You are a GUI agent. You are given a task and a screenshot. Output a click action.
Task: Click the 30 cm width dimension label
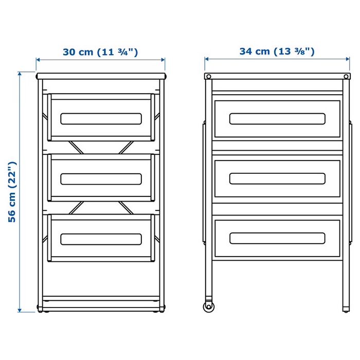click(x=100, y=52)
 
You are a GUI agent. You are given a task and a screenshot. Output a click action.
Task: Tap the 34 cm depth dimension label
click(x=277, y=51)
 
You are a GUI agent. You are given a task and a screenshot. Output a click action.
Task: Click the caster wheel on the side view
click(x=208, y=307)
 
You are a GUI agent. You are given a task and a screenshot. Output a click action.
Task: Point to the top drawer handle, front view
click(x=101, y=119)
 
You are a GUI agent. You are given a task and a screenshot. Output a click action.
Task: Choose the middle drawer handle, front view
click(x=101, y=178)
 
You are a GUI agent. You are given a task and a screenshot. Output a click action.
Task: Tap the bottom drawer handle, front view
click(x=101, y=239)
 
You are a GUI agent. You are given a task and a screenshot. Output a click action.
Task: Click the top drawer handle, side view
click(x=277, y=119)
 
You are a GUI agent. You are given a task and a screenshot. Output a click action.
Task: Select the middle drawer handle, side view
click(x=277, y=178)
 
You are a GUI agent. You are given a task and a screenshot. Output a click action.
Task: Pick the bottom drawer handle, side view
click(x=277, y=238)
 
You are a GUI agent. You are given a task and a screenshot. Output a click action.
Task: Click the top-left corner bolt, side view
click(x=208, y=77)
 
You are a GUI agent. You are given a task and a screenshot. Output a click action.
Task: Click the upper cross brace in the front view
click(x=101, y=147)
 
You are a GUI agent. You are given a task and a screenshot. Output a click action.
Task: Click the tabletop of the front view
click(x=101, y=76)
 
